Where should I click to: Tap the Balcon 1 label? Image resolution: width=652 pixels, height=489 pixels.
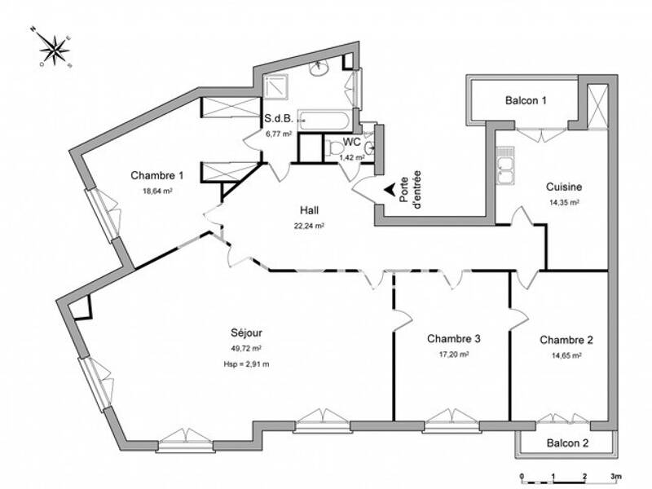[x=526, y=101]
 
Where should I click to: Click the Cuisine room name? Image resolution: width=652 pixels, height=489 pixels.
[x=563, y=187]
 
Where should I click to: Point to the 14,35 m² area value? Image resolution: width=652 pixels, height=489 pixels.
[x=563, y=202]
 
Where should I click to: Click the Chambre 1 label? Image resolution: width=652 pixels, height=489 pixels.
[x=157, y=175]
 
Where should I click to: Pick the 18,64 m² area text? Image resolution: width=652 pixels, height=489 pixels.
[x=156, y=191]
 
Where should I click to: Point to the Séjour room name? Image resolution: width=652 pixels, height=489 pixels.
[x=246, y=333]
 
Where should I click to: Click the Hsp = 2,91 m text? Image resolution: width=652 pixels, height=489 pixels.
[x=246, y=364]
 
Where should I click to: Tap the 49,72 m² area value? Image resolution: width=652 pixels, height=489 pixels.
[x=246, y=349]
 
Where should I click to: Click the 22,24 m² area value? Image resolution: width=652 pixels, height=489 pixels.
[x=309, y=226]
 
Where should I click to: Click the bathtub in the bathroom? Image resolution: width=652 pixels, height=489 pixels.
[x=324, y=121]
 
